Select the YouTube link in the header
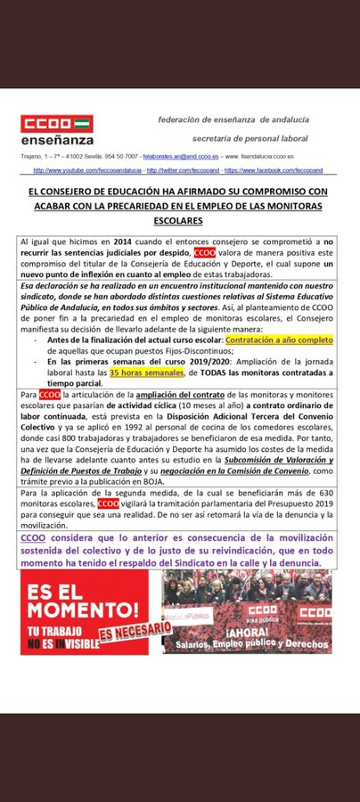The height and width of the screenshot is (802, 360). pyautogui.click(x=87, y=170)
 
